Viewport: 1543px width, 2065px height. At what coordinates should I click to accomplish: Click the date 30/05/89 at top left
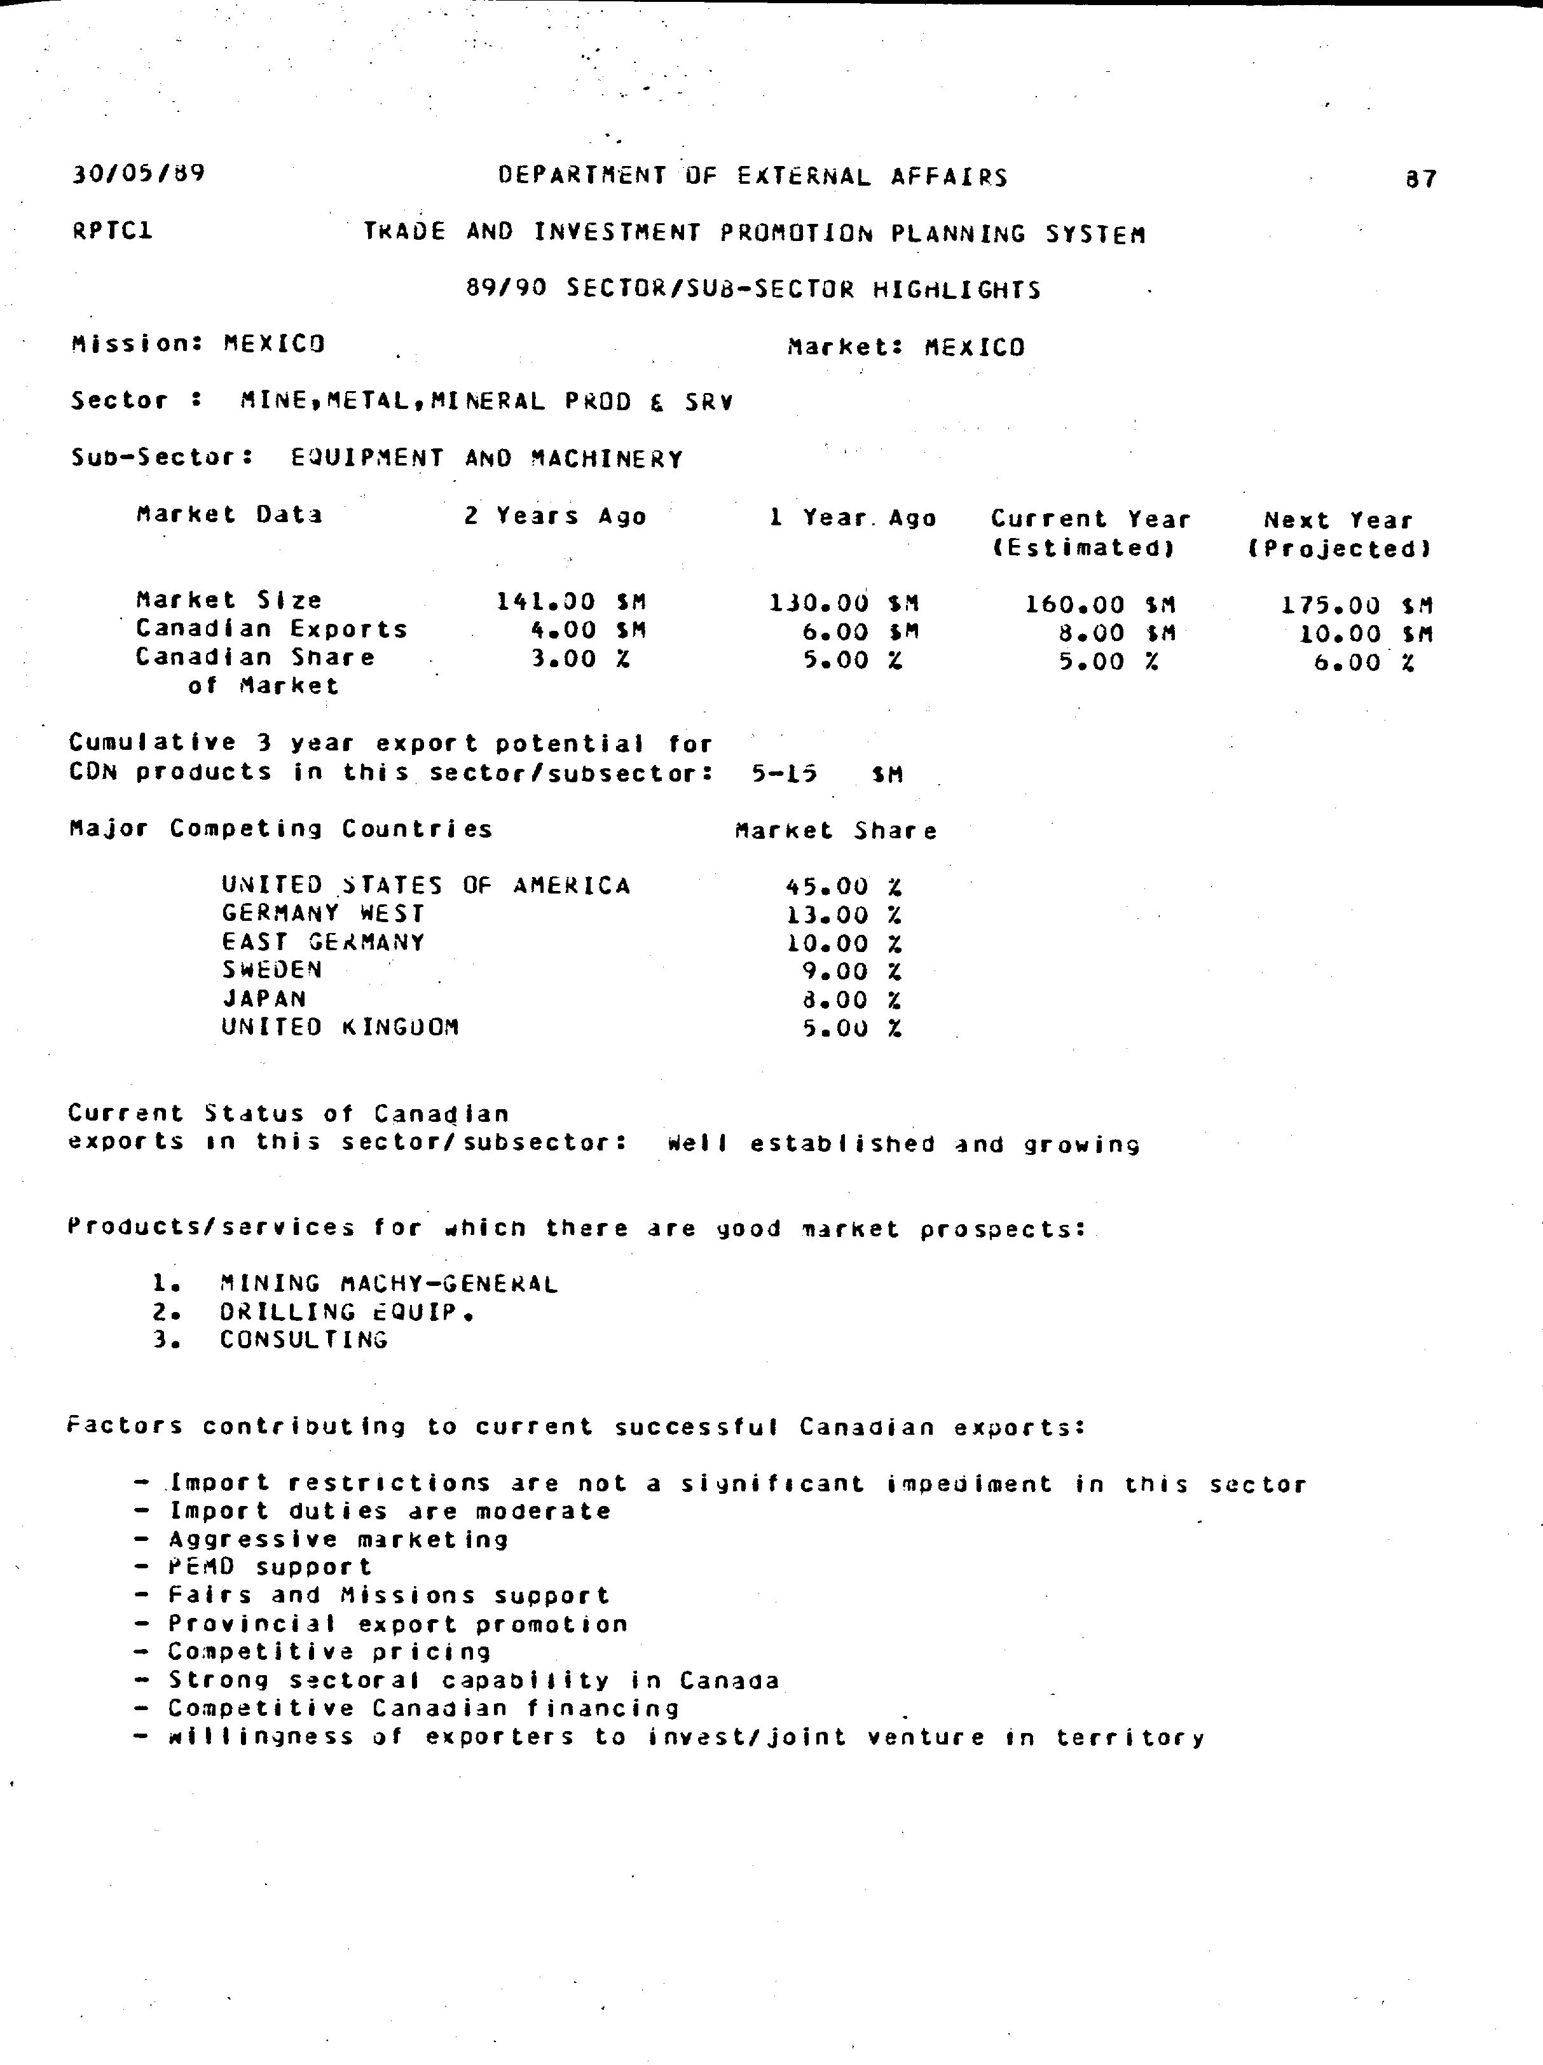pos(138,174)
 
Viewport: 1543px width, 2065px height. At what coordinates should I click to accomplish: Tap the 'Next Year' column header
pos(1338,521)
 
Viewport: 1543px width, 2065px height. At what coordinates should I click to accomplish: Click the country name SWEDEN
pos(271,970)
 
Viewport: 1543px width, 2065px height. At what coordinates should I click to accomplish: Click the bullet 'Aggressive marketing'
pos(338,1540)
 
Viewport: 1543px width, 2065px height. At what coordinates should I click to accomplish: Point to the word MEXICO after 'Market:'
pos(975,349)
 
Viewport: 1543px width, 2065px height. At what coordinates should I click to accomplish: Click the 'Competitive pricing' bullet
pos(329,1652)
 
